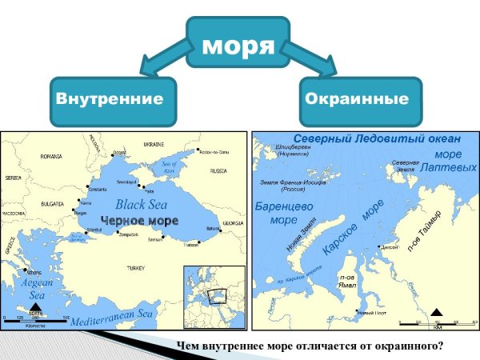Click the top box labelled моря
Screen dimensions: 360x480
tap(238, 45)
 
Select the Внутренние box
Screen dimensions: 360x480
tap(110, 100)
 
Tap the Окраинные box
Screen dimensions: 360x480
tap(362, 100)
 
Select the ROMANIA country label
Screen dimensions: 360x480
tap(51, 155)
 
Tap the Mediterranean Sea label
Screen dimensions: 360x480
tap(111, 318)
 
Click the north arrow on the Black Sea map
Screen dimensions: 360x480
tap(35, 307)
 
